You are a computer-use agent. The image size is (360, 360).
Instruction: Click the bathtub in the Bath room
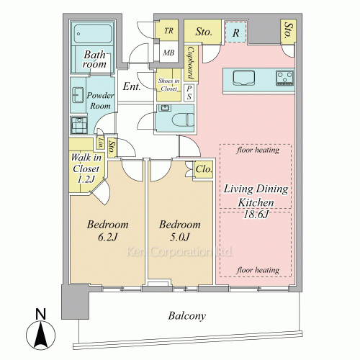(93, 33)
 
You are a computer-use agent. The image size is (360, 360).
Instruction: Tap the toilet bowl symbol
(183, 120)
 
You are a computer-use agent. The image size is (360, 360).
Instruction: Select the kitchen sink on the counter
(244, 78)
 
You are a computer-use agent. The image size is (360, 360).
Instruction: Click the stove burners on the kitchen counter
(285, 78)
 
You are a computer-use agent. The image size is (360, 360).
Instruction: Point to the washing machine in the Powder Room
(79, 125)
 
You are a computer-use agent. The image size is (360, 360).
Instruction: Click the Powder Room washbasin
(78, 95)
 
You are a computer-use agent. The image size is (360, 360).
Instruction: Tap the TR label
(168, 31)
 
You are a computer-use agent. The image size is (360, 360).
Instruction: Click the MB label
(168, 53)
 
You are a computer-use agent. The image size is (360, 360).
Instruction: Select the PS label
(189, 93)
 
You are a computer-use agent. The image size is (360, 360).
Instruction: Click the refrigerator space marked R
(236, 32)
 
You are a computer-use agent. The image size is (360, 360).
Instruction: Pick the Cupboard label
(191, 63)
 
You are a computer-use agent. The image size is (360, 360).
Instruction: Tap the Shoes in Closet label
(168, 85)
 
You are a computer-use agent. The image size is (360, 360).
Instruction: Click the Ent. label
(132, 86)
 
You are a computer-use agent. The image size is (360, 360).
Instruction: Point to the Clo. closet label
(204, 169)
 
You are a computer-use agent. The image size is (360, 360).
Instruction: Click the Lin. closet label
(101, 143)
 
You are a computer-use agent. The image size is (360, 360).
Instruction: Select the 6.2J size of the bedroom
(107, 237)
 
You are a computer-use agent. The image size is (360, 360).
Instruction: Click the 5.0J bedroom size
(180, 237)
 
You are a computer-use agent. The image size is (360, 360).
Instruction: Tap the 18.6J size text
(256, 214)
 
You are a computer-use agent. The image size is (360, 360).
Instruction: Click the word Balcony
(186, 316)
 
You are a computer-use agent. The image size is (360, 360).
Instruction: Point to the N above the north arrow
(40, 314)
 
